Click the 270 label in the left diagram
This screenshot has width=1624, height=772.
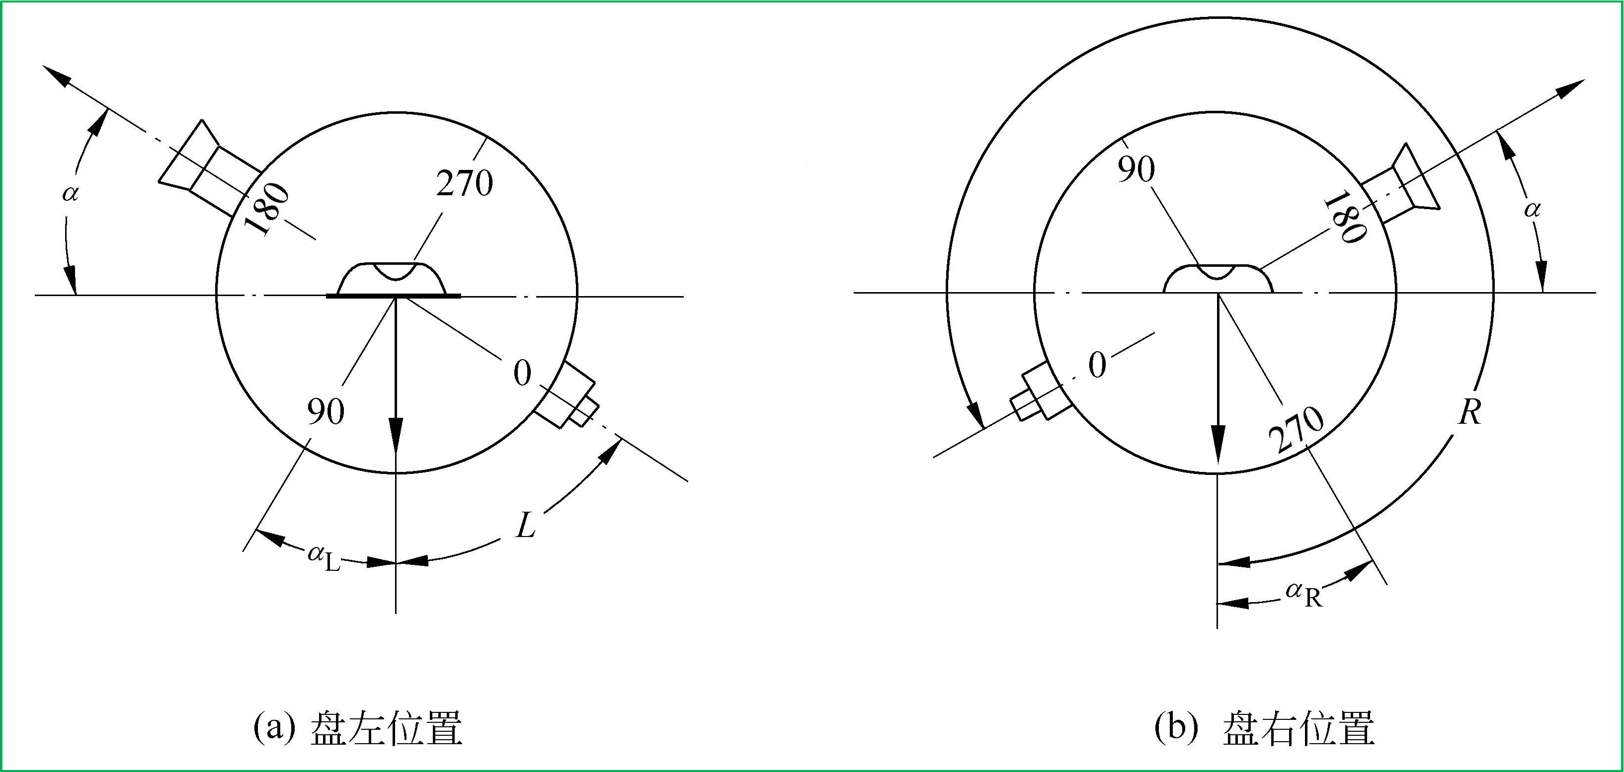[x=465, y=183]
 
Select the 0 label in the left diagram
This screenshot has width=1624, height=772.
[x=522, y=373]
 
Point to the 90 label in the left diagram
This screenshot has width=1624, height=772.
[x=325, y=411]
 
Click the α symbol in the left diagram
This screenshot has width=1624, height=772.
[x=70, y=193]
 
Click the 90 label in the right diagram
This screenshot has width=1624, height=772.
[x=1136, y=169]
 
